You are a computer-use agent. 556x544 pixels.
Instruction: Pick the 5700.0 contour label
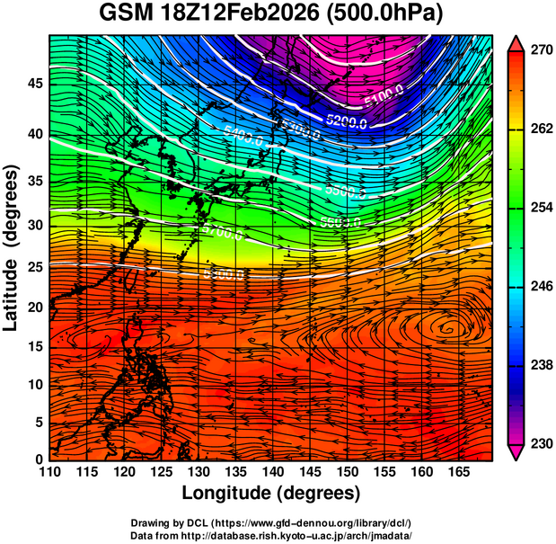[x=224, y=235]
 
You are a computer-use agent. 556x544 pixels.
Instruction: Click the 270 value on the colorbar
[x=538, y=51]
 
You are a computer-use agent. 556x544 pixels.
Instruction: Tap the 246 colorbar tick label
[x=538, y=287]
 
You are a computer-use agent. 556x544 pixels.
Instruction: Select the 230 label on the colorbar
[x=538, y=443]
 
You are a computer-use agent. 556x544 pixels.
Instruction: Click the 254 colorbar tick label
[x=538, y=208]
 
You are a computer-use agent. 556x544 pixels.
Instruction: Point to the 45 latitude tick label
[x=35, y=84]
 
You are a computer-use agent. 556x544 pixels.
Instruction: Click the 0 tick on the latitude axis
[x=40, y=459]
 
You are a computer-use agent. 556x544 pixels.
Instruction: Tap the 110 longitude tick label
[x=50, y=472]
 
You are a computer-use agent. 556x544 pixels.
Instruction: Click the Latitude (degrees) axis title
[x=12, y=247]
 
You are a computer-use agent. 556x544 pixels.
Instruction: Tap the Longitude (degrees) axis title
[x=270, y=493]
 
